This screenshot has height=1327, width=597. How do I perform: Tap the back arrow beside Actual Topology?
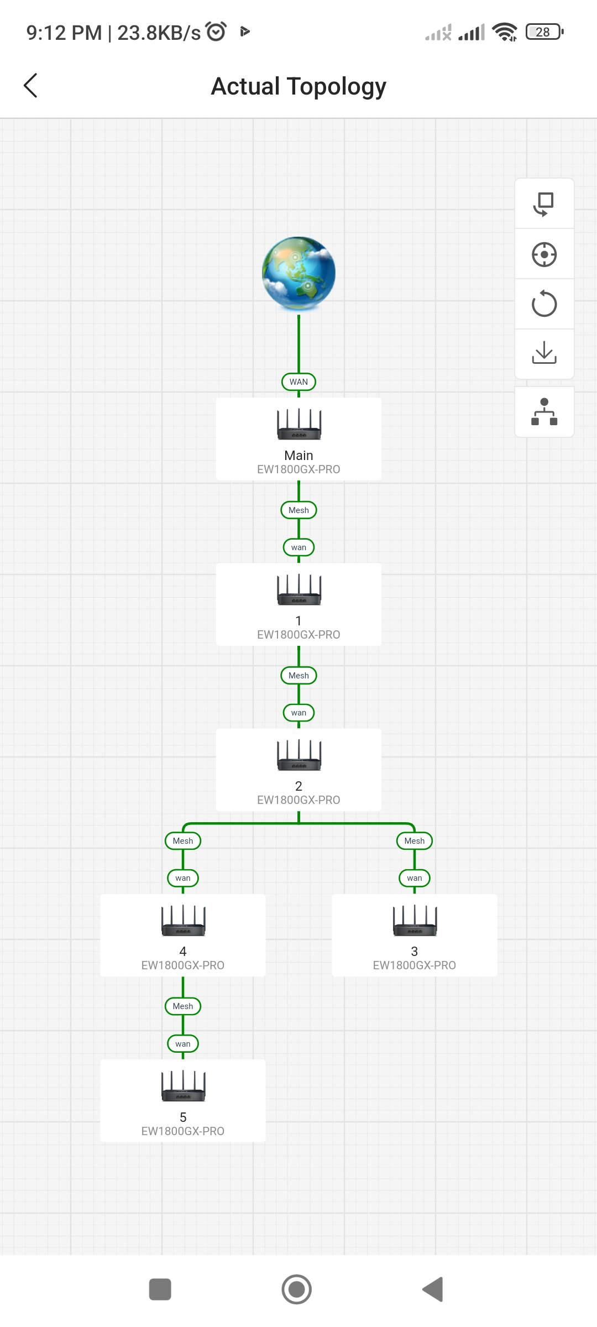[x=31, y=86]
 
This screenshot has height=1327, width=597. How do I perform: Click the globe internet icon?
[x=298, y=274]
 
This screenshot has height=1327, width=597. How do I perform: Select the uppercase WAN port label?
[x=298, y=382]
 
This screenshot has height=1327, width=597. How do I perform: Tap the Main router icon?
[x=298, y=424]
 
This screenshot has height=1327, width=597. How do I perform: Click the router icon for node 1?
[x=298, y=589]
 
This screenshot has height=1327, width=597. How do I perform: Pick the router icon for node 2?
[x=298, y=755]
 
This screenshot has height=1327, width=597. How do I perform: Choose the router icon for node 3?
[x=415, y=920]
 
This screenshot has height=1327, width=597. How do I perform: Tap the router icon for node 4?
[x=183, y=920]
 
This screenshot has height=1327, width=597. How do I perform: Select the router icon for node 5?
[x=183, y=1086]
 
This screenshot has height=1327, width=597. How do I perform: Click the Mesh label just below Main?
[x=298, y=510]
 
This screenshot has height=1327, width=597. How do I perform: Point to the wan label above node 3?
[x=415, y=878]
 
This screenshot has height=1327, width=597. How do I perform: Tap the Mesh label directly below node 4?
[x=183, y=1006]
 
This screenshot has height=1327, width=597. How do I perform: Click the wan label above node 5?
[x=183, y=1044]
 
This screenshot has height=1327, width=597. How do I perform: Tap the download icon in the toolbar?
[x=544, y=353]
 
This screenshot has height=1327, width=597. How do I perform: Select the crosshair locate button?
[x=544, y=254]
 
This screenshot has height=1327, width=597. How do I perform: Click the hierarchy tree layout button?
[x=544, y=412]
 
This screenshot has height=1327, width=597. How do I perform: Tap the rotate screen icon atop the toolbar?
[x=544, y=204]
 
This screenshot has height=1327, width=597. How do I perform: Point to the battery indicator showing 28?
[x=544, y=32]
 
